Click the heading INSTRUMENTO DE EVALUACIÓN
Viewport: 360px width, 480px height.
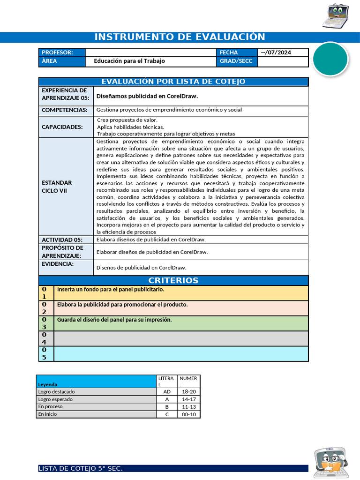(180, 37)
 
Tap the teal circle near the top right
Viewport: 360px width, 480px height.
(330, 59)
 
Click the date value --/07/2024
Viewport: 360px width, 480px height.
(276, 52)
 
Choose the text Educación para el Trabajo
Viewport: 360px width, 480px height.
(129, 61)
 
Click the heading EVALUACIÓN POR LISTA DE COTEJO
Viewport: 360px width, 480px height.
(173, 82)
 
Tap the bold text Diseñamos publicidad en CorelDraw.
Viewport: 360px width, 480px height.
(147, 96)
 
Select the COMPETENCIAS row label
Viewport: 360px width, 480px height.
(65, 110)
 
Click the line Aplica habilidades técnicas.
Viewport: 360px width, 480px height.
(130, 127)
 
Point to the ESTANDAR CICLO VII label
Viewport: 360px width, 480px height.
(57, 187)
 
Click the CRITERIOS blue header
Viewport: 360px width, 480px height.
(173, 280)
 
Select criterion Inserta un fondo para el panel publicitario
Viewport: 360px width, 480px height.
(111, 290)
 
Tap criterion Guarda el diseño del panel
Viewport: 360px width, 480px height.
(114, 320)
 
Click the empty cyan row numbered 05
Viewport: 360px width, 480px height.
(181, 353)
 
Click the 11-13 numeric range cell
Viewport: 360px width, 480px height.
(188, 407)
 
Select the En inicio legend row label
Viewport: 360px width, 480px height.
(48, 414)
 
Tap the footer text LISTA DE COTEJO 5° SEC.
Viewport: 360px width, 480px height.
(81, 469)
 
